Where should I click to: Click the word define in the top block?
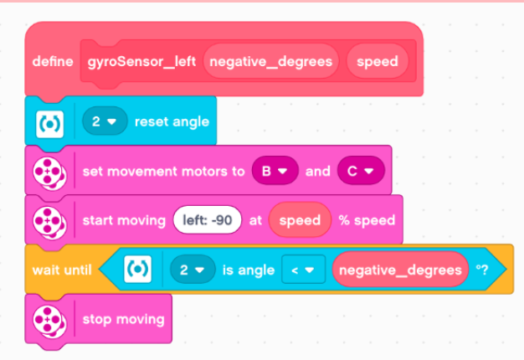[54, 62]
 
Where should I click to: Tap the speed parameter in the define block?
[377, 62]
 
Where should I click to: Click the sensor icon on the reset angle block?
[47, 122]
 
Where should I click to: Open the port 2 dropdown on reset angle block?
[104, 122]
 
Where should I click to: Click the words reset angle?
[172, 122]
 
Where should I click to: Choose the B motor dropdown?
[275, 172]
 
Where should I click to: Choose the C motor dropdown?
[360, 172]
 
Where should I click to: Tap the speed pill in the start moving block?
[300, 220]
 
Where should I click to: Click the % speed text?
[367, 220]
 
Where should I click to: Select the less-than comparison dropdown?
[302, 270]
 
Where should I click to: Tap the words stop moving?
[124, 319]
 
